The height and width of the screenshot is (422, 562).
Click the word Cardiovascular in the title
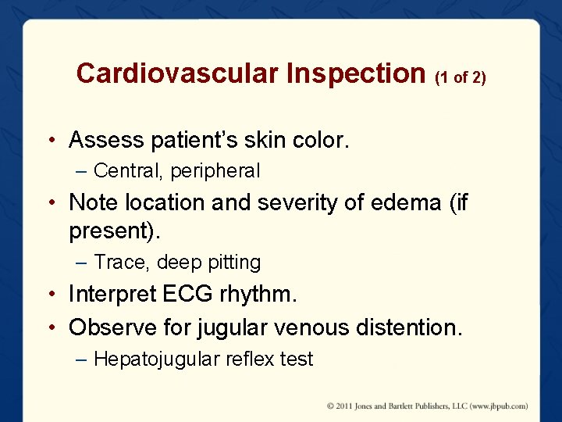click(x=177, y=73)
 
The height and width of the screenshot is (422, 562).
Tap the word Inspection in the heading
click(x=356, y=73)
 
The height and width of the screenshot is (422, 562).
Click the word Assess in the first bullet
click(x=106, y=141)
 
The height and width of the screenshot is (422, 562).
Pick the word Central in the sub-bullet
click(x=127, y=170)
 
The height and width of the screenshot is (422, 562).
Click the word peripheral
click(x=215, y=170)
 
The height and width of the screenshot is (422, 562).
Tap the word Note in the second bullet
click(x=90, y=202)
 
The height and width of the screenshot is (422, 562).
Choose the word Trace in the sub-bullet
click(x=118, y=262)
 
